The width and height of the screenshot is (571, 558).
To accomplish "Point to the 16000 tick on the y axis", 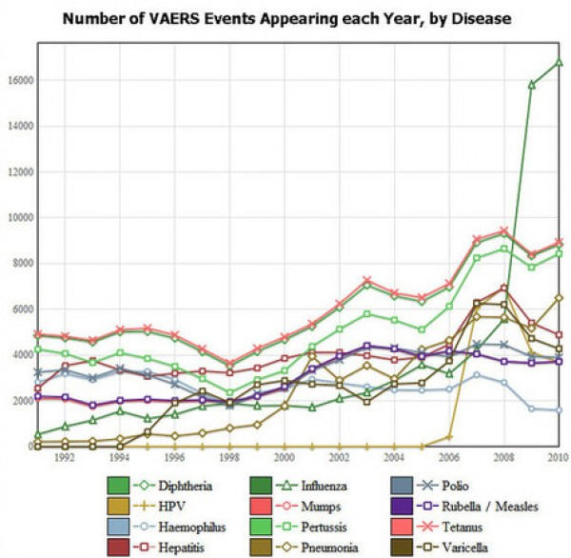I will (16, 81).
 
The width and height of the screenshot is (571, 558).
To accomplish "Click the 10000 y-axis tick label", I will (16, 218).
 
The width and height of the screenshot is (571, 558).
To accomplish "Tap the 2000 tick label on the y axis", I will (19, 401).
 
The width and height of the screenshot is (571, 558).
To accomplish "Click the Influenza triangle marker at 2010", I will (560, 62).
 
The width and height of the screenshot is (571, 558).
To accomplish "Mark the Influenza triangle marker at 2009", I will (532, 85).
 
